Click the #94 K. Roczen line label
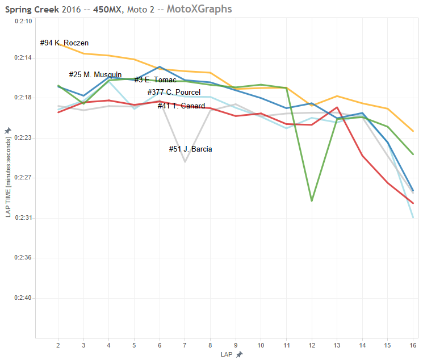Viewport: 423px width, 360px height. tap(64, 43)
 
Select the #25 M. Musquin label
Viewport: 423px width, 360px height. tap(95, 75)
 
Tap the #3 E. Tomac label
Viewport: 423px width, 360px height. tap(155, 80)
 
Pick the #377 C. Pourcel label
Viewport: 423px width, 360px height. tap(174, 93)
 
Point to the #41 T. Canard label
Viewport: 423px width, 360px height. tap(181, 106)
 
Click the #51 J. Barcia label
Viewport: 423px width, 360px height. tap(191, 149)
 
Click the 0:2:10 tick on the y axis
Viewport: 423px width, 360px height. tap(23, 21)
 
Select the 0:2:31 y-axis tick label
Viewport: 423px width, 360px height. tap(23, 218)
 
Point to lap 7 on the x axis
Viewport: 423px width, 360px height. tap(185, 345)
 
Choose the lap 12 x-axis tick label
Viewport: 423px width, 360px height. tap(312, 345)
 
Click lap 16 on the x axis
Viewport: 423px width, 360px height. tap(413, 345)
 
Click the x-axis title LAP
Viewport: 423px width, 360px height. tap(227, 354)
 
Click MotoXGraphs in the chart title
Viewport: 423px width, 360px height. tap(199, 9)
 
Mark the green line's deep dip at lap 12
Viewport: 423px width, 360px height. tap(312, 201)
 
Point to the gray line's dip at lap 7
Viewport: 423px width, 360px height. tap(185, 162)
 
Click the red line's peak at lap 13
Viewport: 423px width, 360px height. tap(337, 107)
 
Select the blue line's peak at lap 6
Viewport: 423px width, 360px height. tap(160, 66)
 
